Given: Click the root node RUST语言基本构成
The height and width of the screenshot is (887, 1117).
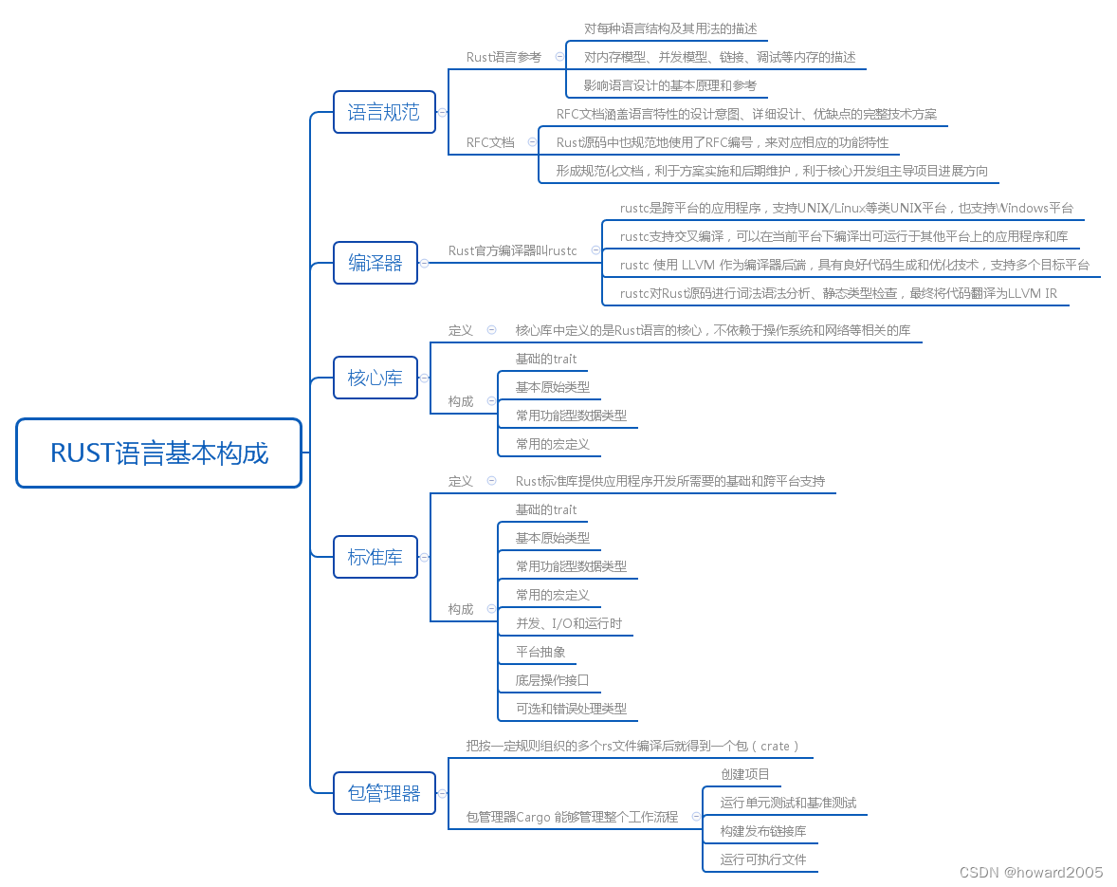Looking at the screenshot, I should tap(159, 453).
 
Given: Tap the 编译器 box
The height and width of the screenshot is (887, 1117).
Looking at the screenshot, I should tap(375, 263).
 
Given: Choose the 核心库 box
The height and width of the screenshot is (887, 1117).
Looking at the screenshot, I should tap(375, 378).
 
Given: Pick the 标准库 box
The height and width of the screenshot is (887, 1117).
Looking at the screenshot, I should tap(375, 557).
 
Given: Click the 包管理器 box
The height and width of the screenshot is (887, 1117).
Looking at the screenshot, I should tap(384, 793).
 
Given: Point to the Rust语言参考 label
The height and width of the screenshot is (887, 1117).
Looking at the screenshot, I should tap(504, 57).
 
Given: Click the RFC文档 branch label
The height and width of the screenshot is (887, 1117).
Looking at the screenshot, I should tap(490, 142).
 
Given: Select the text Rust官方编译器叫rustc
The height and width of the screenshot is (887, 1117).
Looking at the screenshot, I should tap(512, 250).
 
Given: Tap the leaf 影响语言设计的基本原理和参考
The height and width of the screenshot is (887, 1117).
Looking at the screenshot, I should tap(670, 85).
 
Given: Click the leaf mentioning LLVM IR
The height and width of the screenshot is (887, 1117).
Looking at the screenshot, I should tap(838, 293).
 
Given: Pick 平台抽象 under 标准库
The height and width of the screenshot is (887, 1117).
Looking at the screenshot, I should tap(540, 652).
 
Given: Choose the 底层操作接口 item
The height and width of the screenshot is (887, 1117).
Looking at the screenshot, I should tap(552, 680).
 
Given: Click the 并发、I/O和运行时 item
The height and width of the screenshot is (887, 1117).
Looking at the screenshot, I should tap(569, 623).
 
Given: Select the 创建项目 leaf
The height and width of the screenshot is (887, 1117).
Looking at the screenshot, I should tap(744, 774).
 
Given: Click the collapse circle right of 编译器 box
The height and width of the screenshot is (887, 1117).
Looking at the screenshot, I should tap(424, 263).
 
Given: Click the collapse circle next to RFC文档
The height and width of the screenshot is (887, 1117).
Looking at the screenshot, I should tap(532, 142).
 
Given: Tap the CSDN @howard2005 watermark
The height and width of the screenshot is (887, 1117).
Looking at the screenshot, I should tap(1031, 873).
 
